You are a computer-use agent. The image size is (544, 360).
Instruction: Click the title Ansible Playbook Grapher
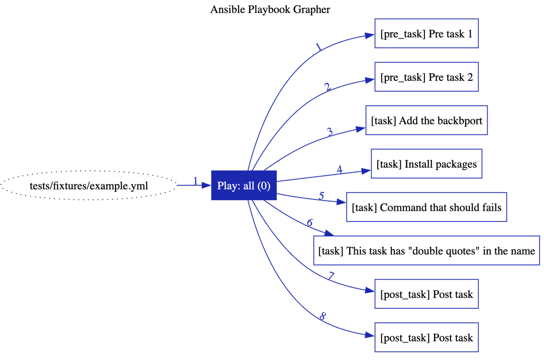tap(270, 9)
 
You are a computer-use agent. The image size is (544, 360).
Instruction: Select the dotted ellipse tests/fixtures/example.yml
tap(89, 185)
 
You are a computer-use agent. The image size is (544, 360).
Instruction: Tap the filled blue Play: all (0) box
tap(244, 185)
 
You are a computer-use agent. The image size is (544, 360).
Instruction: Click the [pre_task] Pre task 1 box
tap(426, 34)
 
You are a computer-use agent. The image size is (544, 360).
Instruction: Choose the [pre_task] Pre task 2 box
tap(426, 77)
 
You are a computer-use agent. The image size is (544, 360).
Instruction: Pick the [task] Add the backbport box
tap(426, 120)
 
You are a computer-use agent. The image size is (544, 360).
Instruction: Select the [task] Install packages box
tap(426, 164)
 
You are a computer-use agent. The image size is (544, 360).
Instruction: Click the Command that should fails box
tap(426, 207)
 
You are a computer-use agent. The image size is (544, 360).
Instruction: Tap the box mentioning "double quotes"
tap(426, 250)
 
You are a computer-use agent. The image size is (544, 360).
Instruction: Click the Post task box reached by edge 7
tap(426, 294)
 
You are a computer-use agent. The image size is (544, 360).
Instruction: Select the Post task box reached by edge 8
tap(426, 337)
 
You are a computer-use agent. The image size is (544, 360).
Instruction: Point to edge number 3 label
tap(330, 132)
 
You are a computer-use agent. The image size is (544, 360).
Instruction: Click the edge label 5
tap(321, 196)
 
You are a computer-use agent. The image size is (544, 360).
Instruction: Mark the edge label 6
tap(310, 223)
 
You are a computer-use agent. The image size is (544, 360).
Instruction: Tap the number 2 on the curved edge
tap(327, 87)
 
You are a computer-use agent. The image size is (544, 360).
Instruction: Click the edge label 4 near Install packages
tap(339, 170)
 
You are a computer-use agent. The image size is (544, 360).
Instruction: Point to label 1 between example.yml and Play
tap(195, 181)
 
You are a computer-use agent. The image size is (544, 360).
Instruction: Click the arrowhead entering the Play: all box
tap(206, 185)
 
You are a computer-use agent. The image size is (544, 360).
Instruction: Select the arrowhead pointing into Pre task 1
tap(369, 35)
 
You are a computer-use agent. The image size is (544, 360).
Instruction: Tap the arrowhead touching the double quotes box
tap(329, 234)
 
